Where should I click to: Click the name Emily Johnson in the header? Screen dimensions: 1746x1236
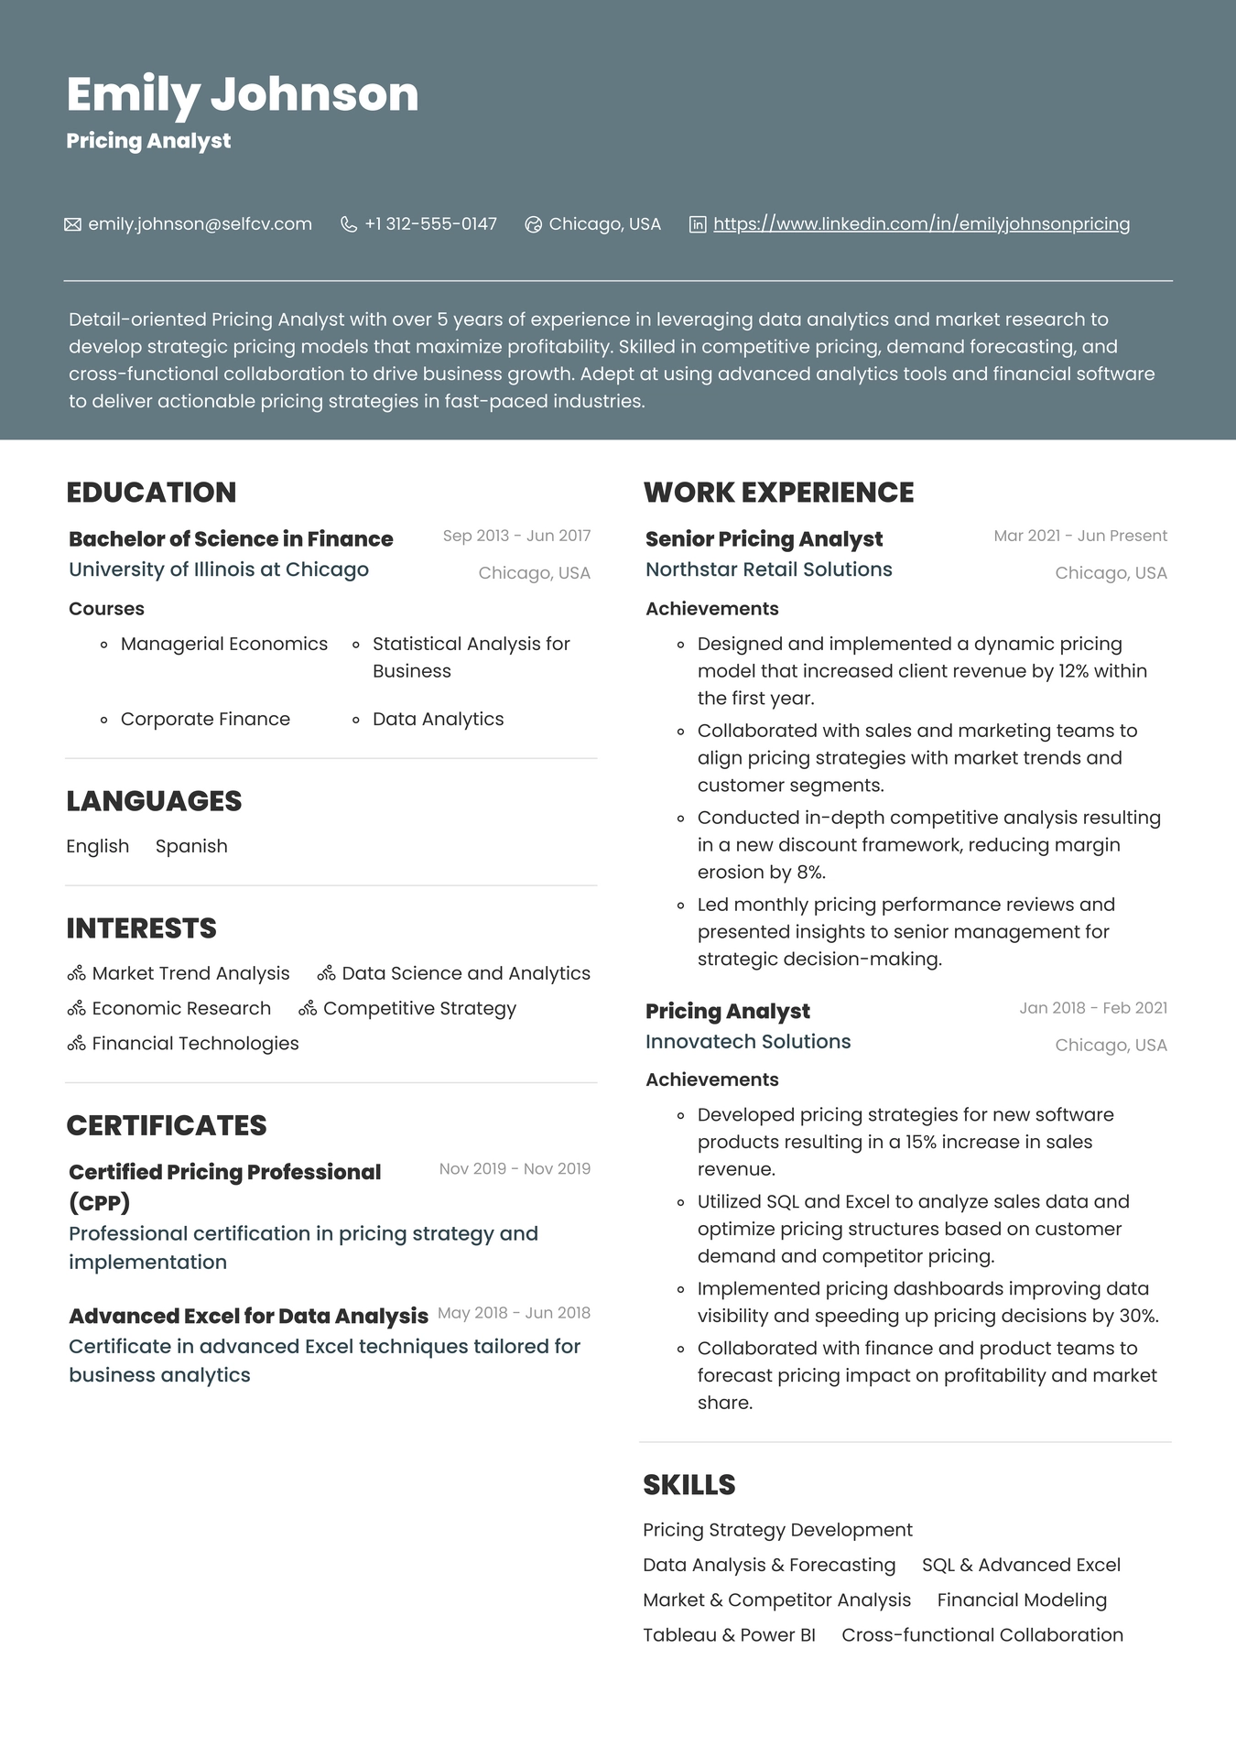tap(243, 94)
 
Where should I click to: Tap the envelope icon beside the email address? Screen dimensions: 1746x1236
tap(72, 224)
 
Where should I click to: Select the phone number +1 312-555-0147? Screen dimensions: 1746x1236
tap(430, 224)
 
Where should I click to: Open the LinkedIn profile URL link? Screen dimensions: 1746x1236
tap(921, 224)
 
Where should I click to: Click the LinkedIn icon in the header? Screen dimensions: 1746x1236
tap(698, 224)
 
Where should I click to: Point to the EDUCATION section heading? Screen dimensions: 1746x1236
tap(151, 493)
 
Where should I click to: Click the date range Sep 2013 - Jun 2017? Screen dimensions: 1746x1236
tap(516, 536)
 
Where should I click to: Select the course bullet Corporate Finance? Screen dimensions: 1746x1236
tap(205, 720)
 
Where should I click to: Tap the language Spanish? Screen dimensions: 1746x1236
tap(191, 847)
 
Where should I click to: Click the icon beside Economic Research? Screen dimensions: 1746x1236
tap(76, 1009)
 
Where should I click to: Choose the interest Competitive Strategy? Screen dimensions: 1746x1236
tap(419, 1009)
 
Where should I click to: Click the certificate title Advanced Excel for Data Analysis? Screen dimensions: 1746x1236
tap(248, 1317)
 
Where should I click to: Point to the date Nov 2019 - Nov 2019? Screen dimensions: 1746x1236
tap(515, 1169)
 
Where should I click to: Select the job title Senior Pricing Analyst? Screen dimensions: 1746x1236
tap(764, 539)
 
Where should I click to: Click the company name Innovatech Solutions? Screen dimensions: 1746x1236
tap(748, 1042)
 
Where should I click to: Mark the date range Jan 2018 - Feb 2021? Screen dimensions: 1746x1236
tap(1093, 1008)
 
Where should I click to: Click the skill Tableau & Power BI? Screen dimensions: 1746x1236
tap(729, 1635)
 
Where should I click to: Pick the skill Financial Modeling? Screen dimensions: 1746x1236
tap(1022, 1600)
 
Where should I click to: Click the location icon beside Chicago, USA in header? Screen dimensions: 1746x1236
tap(533, 224)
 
